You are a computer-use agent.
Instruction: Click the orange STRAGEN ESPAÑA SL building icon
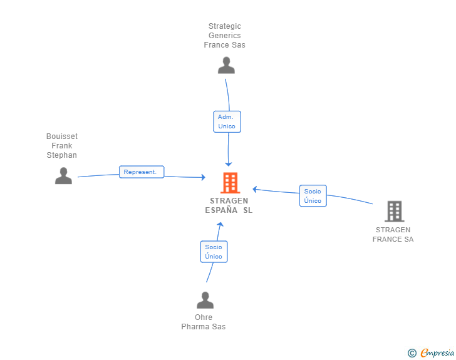231,183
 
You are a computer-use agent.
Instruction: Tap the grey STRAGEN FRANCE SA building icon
395,212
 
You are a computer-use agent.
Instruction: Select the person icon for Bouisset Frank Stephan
63,176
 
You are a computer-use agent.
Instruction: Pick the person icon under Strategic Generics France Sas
226,65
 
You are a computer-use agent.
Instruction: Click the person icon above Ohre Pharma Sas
205,300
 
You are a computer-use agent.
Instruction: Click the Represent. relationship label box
142,172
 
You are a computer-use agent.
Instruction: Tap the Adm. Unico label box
227,121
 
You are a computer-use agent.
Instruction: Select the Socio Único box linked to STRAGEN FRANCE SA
313,196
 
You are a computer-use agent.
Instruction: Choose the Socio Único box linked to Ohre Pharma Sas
214,252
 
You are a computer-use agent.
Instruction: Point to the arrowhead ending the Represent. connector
204,177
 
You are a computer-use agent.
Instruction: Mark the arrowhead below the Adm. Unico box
228,164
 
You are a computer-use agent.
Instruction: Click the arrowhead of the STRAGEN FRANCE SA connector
255,189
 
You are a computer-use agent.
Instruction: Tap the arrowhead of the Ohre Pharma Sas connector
220,225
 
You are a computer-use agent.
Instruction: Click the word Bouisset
62,136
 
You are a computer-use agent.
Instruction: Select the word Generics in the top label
224,36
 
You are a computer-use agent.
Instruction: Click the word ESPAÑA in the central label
221,210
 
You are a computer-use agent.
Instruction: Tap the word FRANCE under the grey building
387,239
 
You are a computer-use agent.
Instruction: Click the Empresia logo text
437,353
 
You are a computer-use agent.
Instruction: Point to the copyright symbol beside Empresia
412,353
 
